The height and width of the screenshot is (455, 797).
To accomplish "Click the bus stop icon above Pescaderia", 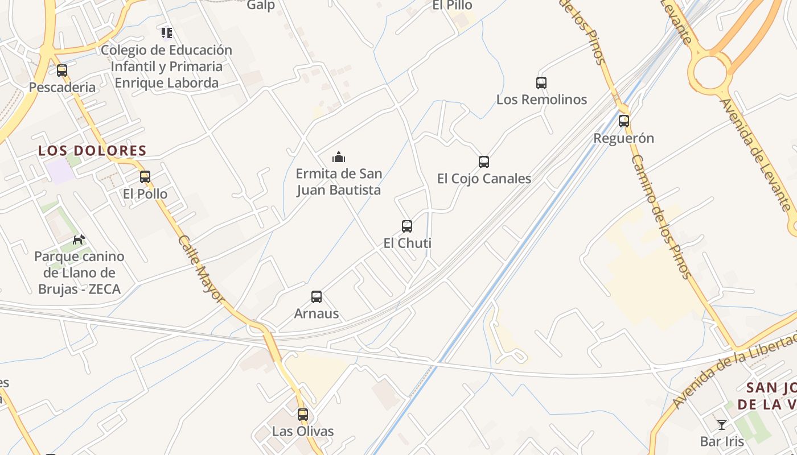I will click(62, 71).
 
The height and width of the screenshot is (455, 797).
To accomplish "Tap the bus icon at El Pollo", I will click(145, 177).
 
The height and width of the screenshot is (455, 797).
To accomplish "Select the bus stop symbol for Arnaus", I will click(317, 296).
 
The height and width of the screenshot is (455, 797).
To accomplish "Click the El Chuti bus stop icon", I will click(407, 226).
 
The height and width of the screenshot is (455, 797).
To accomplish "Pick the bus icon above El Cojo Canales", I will click(484, 162).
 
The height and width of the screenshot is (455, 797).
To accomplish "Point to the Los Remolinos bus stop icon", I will click(541, 82).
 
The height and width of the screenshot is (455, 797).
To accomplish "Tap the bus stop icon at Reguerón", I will click(624, 121).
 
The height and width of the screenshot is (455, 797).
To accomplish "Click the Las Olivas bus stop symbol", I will click(303, 414).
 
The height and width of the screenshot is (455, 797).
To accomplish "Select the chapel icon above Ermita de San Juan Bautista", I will click(339, 157).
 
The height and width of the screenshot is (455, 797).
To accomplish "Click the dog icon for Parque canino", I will click(79, 239).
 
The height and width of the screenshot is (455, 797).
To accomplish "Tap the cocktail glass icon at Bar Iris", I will click(722, 424).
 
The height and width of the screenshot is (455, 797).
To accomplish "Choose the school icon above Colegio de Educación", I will click(166, 33).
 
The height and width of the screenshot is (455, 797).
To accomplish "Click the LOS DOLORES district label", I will click(92, 151).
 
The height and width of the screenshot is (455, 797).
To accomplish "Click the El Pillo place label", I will click(452, 5).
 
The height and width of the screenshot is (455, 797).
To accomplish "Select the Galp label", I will click(261, 5).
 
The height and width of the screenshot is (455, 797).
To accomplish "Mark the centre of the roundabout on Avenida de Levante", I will click(709, 72).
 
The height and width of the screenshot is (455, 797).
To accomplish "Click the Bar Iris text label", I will click(722, 441).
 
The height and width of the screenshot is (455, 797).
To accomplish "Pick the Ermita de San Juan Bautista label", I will click(339, 181).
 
